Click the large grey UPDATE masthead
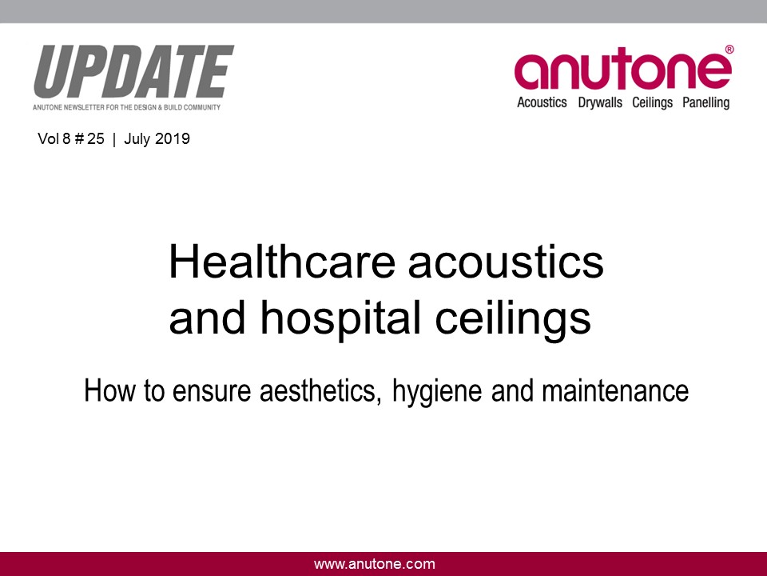click(x=133, y=72)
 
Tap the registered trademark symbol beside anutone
click(x=729, y=49)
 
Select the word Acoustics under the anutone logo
click(x=542, y=102)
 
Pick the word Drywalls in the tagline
click(x=600, y=103)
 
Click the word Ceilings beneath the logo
click(x=652, y=103)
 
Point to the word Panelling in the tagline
click(x=705, y=103)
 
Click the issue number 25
click(x=95, y=138)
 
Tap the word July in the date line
click(x=137, y=139)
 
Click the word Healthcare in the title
click(x=282, y=262)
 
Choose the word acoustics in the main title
click(x=506, y=263)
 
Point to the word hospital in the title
click(x=340, y=319)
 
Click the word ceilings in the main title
click(x=513, y=319)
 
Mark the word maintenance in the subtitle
click(x=615, y=391)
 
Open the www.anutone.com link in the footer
click(x=375, y=564)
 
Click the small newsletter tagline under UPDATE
click(x=127, y=107)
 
